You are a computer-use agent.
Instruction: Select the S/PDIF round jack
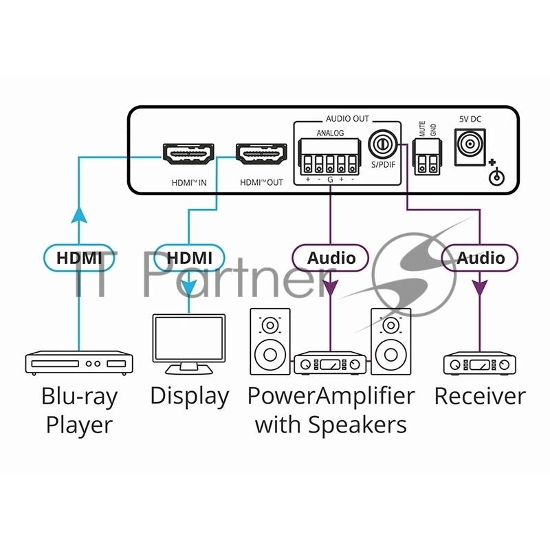coord(381,145)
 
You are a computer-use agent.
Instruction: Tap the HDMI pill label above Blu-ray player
coord(78,258)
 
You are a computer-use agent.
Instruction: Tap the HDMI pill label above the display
coord(190,258)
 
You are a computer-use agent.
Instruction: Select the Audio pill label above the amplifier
coord(331,258)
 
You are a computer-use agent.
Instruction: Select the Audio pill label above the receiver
coord(481,258)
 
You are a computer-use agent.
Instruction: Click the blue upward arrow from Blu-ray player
coord(79,215)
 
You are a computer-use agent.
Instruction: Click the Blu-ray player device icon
coord(79,362)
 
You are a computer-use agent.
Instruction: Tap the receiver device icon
coord(480,364)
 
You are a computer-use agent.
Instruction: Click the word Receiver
coord(480,396)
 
